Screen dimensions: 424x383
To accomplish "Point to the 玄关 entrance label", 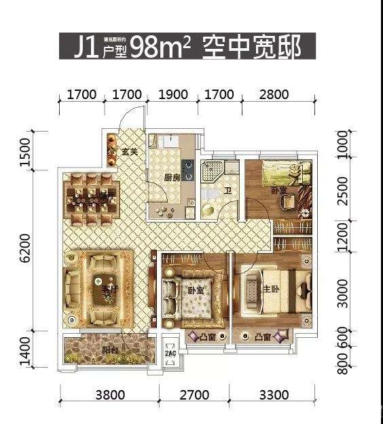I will (x=130, y=151).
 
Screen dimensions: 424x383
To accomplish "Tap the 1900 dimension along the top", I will (x=174, y=94).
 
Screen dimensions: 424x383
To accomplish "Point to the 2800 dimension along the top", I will (x=274, y=94).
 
